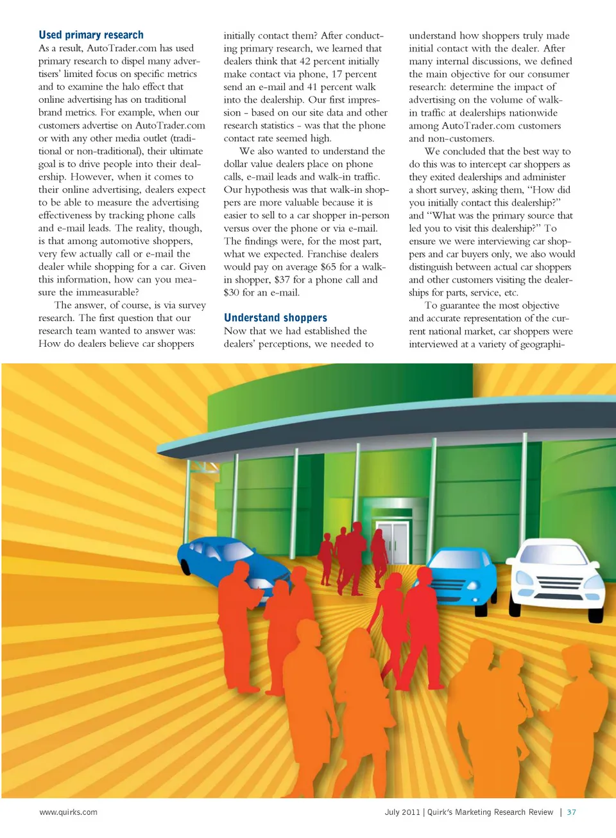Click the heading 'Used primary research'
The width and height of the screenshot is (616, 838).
91,35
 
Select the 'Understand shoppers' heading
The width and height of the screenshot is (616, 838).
275,317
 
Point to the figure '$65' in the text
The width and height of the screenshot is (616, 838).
329,266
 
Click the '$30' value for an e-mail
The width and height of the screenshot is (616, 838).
232,292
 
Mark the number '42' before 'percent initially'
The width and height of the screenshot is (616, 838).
305,61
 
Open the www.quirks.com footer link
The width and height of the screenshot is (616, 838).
69,812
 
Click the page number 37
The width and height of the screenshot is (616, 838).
571,812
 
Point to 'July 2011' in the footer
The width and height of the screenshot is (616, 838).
402,812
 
